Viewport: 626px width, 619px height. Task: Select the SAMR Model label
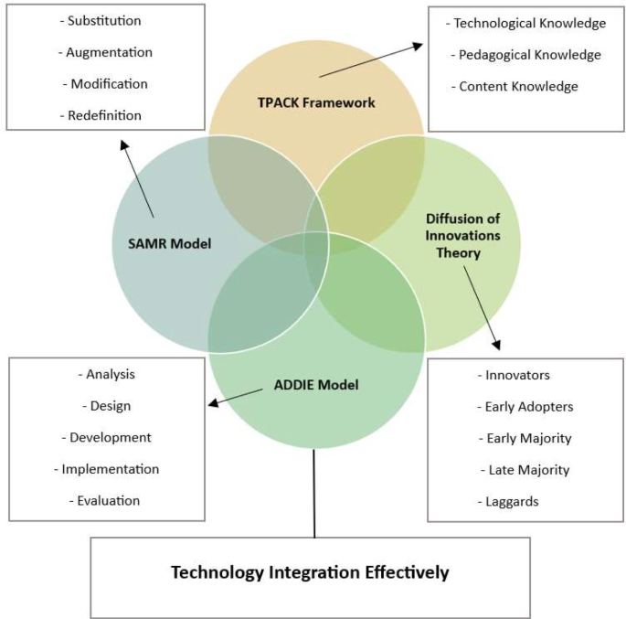tap(168, 243)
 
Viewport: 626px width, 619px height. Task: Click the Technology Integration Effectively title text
tap(311, 573)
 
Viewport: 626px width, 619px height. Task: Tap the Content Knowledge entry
tap(518, 86)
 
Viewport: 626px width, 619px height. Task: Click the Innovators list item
tap(517, 375)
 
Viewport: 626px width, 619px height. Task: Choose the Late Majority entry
tap(525, 470)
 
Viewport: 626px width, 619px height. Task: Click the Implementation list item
tap(110, 469)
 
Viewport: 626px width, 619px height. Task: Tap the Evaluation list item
tap(109, 500)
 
